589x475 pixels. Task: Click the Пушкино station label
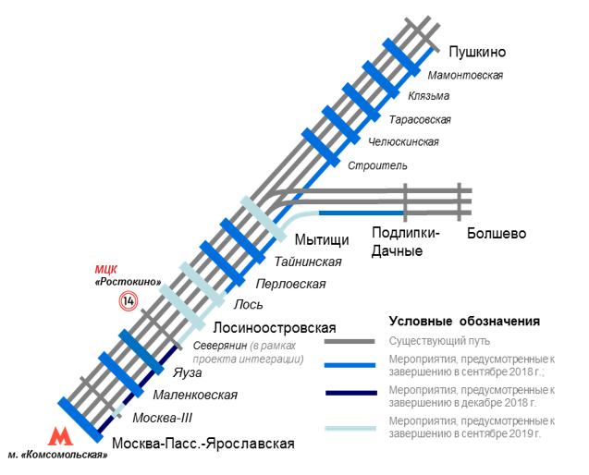coord(478,52)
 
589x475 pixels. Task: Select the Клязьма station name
coord(428,96)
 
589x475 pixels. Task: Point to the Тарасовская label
coord(420,119)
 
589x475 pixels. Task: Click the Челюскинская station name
coord(403,141)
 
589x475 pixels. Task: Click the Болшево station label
coord(497,234)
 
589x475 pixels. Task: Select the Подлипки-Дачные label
coord(405,242)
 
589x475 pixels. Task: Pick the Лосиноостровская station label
coord(274,327)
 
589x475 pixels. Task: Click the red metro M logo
coord(61,435)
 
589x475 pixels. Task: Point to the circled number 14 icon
coord(128,300)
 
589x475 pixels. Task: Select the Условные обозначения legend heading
coord(463,322)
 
